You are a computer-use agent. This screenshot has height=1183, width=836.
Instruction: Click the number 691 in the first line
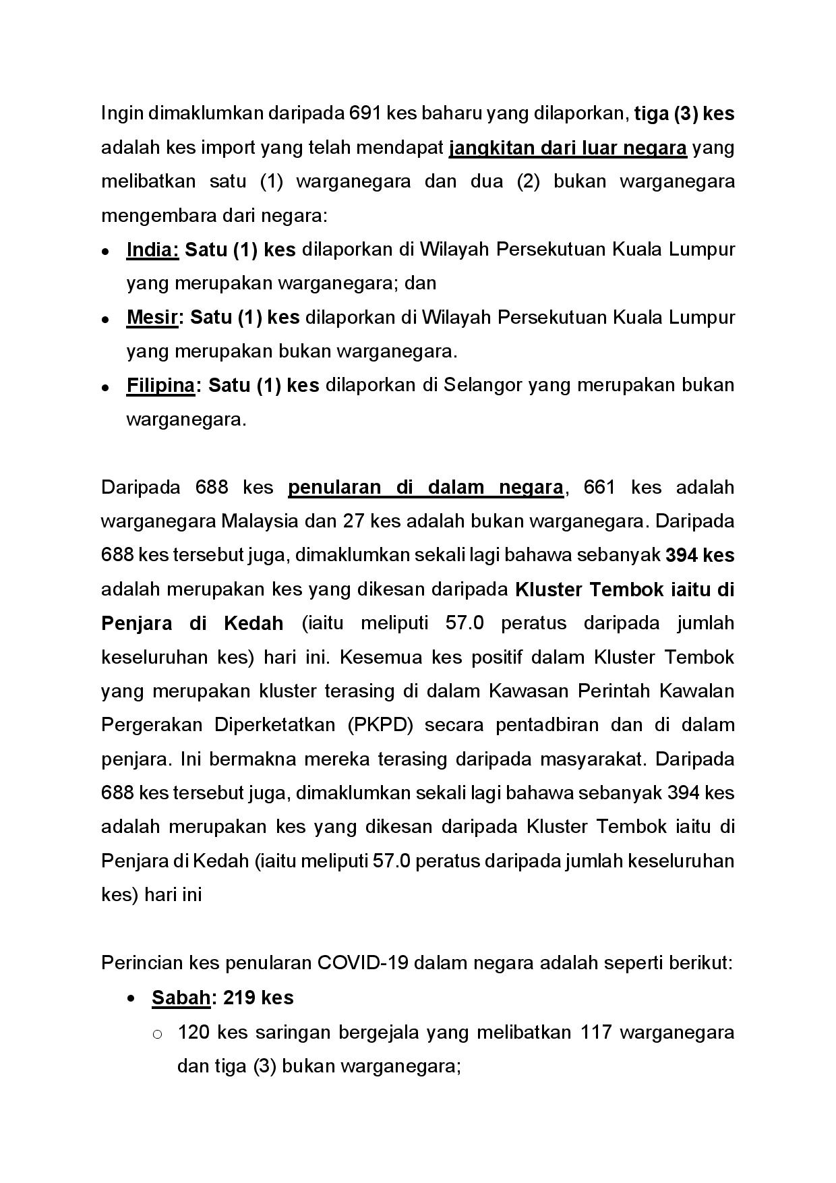click(365, 113)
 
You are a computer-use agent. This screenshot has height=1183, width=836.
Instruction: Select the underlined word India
click(152, 250)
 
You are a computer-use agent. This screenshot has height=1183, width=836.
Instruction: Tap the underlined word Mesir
click(151, 317)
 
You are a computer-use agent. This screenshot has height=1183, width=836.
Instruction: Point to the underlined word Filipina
click(160, 385)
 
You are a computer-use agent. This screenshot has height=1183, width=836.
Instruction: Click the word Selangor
click(483, 385)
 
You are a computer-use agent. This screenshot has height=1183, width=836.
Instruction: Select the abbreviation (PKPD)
click(381, 725)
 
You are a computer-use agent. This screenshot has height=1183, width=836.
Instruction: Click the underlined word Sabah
click(181, 998)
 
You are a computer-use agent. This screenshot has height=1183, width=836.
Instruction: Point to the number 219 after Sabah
click(239, 998)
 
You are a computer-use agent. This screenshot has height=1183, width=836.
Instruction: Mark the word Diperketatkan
click(275, 725)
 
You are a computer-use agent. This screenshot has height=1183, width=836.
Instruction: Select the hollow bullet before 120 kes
click(157, 1033)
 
